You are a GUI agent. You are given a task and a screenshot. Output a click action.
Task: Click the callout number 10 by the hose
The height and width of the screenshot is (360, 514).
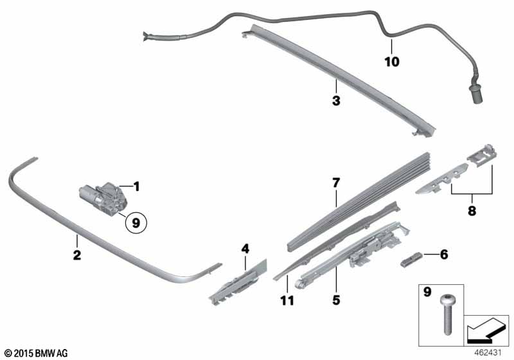pyautogui.click(x=391, y=62)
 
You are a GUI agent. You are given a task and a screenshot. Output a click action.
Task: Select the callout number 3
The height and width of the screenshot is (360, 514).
pyautogui.click(x=335, y=101)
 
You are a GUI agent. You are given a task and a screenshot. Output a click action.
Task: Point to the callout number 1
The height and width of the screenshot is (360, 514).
pyautogui.click(x=136, y=187)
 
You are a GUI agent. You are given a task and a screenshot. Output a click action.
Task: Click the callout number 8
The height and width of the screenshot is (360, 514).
pyautogui.click(x=472, y=210)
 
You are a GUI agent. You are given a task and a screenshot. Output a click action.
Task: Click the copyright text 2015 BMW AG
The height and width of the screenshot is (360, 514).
pyautogui.click(x=35, y=353)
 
